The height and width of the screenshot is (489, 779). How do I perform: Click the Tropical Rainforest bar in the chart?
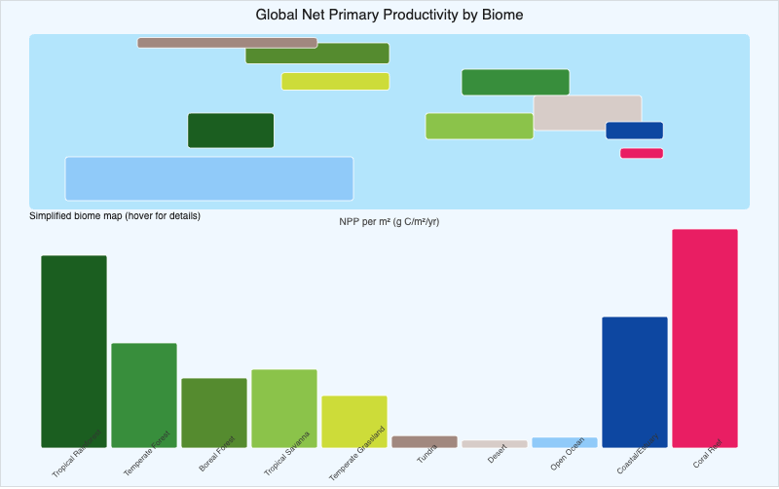tap(74, 351)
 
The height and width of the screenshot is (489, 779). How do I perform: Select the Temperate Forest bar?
tap(144, 395)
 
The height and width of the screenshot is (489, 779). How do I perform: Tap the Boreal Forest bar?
tap(214, 412)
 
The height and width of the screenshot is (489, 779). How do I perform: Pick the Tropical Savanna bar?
tap(284, 407)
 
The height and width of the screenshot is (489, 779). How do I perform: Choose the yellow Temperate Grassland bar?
tap(354, 421)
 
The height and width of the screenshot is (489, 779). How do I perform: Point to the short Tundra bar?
tap(425, 441)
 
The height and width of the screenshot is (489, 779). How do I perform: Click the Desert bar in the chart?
tap(495, 443)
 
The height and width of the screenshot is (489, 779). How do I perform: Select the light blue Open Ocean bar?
tap(565, 442)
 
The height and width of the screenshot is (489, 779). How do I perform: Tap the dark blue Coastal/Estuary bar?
tap(635, 382)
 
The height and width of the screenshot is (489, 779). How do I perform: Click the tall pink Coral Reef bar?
tap(705, 338)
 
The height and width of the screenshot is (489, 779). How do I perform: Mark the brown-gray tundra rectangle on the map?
tap(227, 43)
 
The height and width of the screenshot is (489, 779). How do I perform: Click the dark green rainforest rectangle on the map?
tap(231, 131)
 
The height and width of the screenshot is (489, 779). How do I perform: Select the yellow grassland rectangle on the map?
tap(335, 81)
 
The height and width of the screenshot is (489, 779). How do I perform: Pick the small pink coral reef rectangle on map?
tap(642, 153)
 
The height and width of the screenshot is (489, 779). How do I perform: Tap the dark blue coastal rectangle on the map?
tap(634, 131)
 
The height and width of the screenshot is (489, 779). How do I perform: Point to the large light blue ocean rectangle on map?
tap(208, 178)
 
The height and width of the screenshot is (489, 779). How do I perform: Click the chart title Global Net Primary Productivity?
tap(389, 15)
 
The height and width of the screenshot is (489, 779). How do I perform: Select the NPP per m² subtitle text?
tap(389, 222)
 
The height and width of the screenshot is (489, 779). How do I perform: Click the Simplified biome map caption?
tap(115, 215)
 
